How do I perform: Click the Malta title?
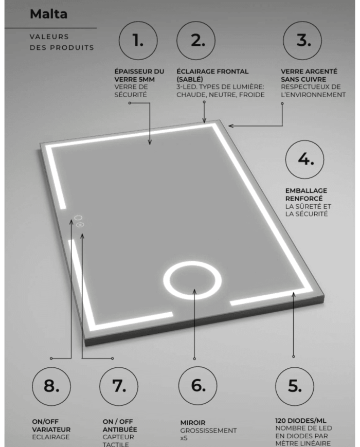(x=49, y=14)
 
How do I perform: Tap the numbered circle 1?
(x=138, y=42)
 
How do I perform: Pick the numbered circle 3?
(x=303, y=42)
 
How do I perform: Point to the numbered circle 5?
(x=294, y=386)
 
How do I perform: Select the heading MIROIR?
(x=192, y=422)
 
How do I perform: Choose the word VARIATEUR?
(x=51, y=430)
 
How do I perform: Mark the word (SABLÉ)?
(x=190, y=80)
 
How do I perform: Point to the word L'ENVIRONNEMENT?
(x=313, y=95)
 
